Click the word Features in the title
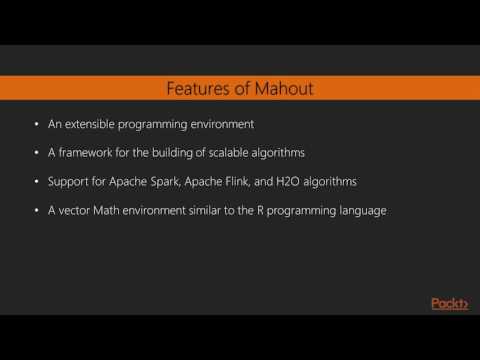coord(193,89)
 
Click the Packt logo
coord(449,304)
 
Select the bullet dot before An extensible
coord(37,126)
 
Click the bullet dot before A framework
coord(37,154)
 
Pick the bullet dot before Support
coord(37,182)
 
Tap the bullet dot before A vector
coord(37,211)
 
